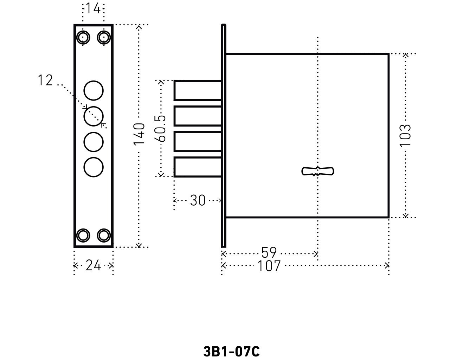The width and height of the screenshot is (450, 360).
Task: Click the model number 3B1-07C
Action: click(x=231, y=351)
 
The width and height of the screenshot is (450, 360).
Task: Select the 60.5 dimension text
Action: click(x=160, y=129)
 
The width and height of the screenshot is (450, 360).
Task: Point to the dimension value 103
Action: click(x=405, y=135)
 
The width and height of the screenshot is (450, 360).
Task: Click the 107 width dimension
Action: click(x=269, y=266)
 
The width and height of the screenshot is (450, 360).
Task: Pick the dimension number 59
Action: click(x=269, y=253)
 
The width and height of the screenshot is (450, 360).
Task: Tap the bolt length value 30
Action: click(x=198, y=200)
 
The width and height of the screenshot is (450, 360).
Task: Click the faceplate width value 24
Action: click(x=93, y=265)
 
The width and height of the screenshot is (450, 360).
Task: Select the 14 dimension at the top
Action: click(x=93, y=8)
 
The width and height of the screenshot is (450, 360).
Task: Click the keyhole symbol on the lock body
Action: click(x=318, y=171)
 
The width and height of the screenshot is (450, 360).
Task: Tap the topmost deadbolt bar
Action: click(x=198, y=90)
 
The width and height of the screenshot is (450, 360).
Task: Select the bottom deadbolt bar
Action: click(x=198, y=167)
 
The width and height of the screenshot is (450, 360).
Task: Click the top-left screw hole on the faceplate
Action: click(x=83, y=37)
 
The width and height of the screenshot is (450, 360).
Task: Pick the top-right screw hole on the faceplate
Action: click(x=104, y=37)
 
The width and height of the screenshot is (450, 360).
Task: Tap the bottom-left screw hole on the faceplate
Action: click(x=83, y=235)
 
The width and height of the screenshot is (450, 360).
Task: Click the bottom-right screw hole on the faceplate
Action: click(x=104, y=235)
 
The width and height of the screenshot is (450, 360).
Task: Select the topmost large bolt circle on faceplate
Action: click(x=94, y=90)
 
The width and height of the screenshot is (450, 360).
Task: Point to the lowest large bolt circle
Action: click(x=94, y=167)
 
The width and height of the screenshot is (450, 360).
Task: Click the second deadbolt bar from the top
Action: click(x=198, y=116)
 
